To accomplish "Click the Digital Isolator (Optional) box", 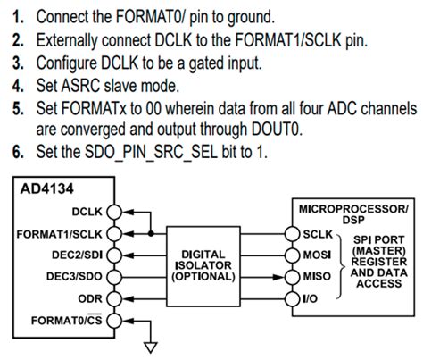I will (210, 265).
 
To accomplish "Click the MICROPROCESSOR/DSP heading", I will (349, 212).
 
